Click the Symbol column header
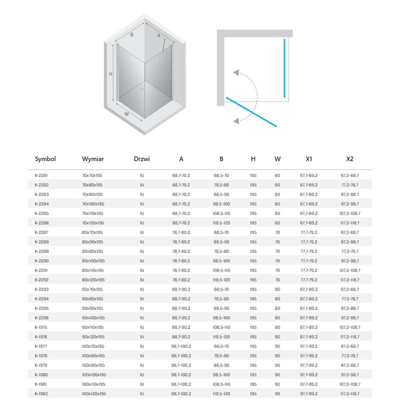(45, 159)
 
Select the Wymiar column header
(93, 159)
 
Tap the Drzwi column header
(142, 159)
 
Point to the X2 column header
(349, 159)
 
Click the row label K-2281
(41, 175)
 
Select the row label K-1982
(41, 394)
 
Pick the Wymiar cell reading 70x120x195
(92, 223)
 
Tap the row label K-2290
(41, 261)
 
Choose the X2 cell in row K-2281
(350, 175)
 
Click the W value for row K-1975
(277, 327)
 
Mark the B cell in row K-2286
(221, 223)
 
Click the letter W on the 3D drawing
(127, 113)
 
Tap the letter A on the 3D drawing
(158, 35)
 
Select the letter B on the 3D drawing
(131, 35)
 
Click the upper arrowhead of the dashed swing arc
(235, 72)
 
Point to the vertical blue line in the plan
(284, 67)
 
